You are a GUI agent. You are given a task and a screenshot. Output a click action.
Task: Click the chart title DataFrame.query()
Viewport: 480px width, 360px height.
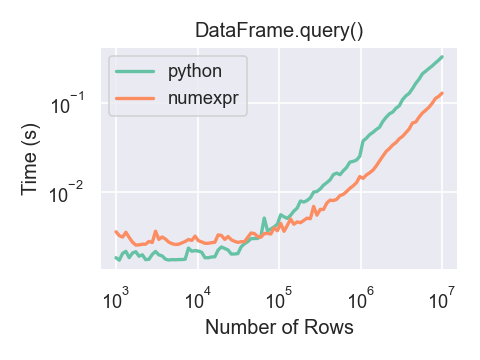point(279,31)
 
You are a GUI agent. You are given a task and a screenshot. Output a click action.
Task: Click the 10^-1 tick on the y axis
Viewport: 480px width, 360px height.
point(79,106)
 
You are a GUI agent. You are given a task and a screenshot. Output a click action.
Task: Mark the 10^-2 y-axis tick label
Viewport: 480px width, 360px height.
point(79,192)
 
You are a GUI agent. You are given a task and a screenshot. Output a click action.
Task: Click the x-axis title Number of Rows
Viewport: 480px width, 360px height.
point(279,327)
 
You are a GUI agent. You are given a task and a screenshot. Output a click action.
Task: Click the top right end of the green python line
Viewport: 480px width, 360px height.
point(442,57)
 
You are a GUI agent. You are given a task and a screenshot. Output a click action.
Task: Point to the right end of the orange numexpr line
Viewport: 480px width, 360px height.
point(442,93)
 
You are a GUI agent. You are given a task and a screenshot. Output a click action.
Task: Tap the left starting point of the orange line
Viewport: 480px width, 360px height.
point(116,231)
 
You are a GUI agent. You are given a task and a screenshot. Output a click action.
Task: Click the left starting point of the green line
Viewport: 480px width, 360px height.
point(116,257)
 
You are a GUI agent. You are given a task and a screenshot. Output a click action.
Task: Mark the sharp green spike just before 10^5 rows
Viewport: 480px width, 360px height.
point(264,218)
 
